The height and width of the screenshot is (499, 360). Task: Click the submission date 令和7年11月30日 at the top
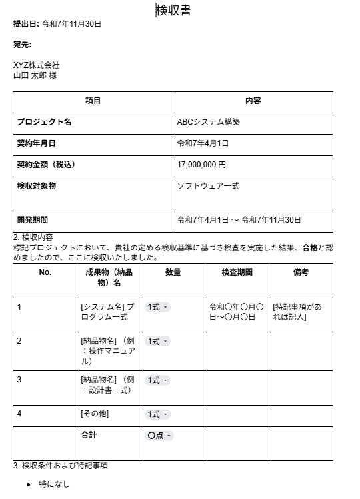click(71, 24)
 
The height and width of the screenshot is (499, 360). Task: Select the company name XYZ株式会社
click(37, 65)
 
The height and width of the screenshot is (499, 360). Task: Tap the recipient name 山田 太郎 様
click(35, 75)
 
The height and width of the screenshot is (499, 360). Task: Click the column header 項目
click(93, 101)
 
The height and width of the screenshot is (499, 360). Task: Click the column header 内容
click(253, 101)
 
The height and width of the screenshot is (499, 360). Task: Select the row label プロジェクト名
click(44, 123)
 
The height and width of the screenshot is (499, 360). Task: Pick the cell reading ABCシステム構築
click(208, 123)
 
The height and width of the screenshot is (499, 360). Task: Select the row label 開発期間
click(33, 219)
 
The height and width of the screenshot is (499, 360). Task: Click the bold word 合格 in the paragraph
click(309, 248)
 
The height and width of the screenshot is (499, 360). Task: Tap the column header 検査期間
click(237, 272)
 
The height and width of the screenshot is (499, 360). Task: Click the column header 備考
click(301, 272)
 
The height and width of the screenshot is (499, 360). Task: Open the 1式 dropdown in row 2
click(157, 342)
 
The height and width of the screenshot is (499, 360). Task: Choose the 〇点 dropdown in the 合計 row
click(159, 436)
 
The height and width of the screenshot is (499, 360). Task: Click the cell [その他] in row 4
click(95, 414)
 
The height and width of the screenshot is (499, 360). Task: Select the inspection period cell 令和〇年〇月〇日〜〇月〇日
click(237, 312)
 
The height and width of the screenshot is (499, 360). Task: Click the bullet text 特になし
click(54, 484)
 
